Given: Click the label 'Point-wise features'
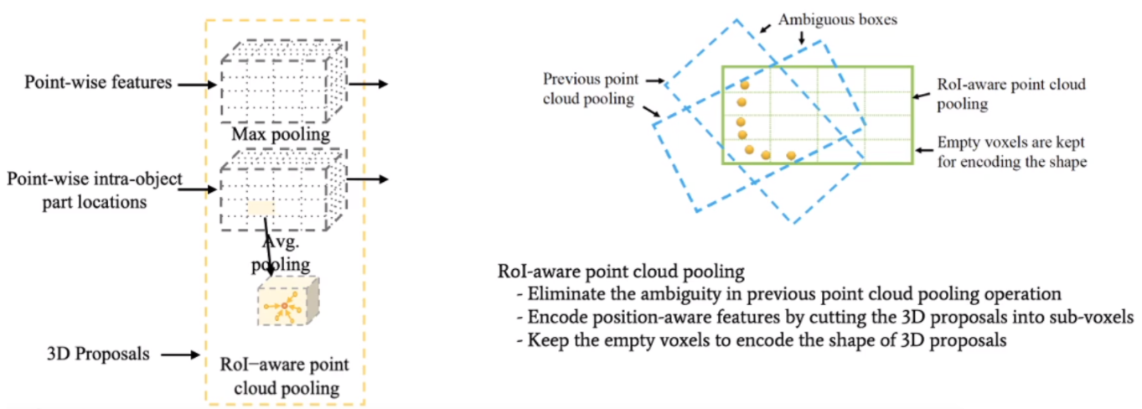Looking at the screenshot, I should [98, 83].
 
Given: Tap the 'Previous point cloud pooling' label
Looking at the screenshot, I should [590, 89].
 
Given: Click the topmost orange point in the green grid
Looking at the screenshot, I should [743, 85].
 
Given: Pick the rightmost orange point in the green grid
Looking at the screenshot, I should [791, 156].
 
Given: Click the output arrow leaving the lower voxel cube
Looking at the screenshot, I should [369, 179].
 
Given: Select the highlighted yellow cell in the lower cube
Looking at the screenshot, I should [260, 208].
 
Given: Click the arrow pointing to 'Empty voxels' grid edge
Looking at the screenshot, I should [926, 149].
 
